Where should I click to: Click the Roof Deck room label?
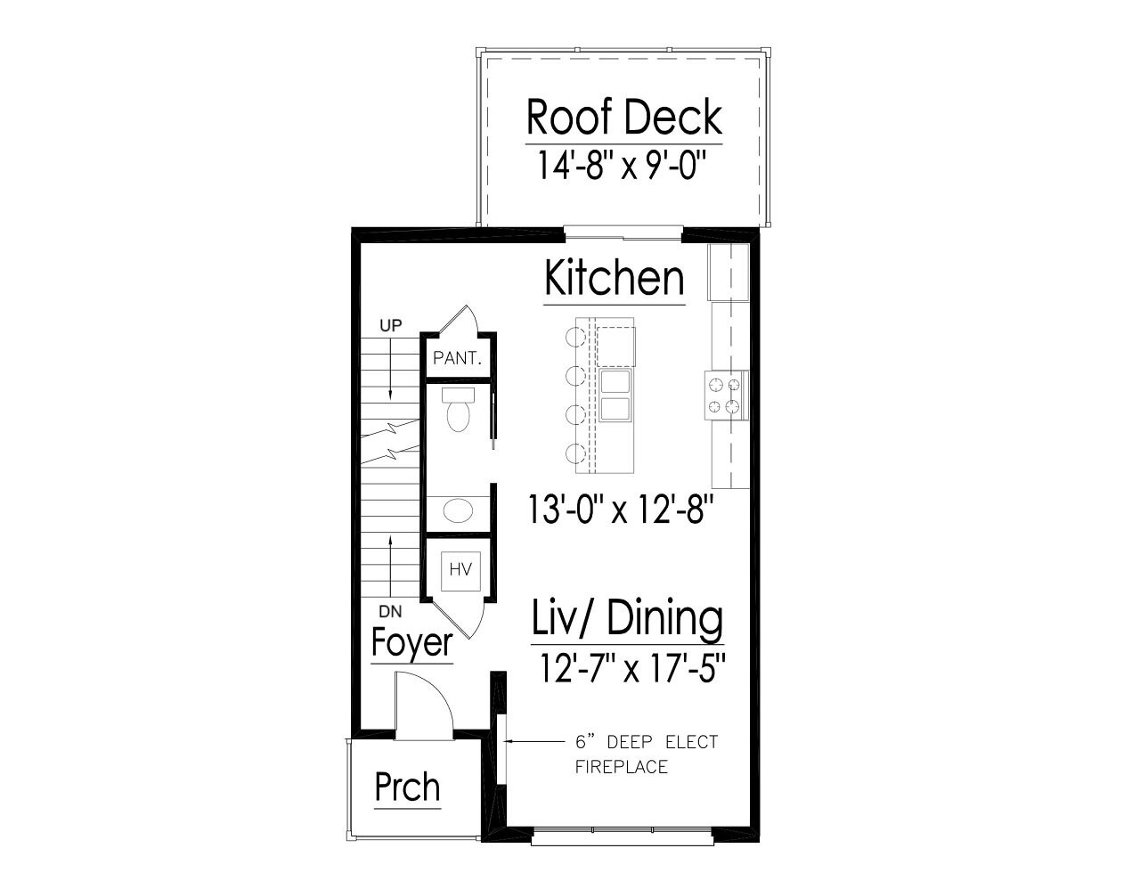(x=623, y=117)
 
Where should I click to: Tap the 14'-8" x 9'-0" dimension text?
(x=623, y=166)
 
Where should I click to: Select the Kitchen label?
(x=615, y=278)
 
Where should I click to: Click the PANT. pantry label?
(x=457, y=359)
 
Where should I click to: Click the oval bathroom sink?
(x=458, y=511)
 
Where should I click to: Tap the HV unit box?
(x=460, y=568)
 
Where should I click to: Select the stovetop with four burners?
(x=724, y=396)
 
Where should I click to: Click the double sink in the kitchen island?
(x=615, y=396)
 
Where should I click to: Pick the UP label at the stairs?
(x=391, y=326)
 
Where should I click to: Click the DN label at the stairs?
(x=389, y=612)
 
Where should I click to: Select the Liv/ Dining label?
(x=627, y=618)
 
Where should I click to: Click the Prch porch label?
(x=407, y=787)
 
